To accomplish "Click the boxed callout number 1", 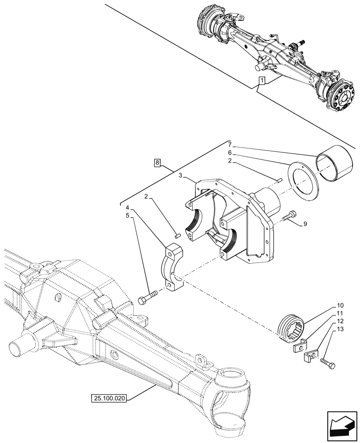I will (262, 81).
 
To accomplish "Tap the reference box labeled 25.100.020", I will (110, 398).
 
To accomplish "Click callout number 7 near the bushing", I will (229, 144).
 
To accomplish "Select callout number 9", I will (305, 225).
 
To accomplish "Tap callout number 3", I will (181, 176).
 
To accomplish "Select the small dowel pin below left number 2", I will (177, 236).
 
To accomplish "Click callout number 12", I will (340, 321).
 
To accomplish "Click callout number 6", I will (229, 152).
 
